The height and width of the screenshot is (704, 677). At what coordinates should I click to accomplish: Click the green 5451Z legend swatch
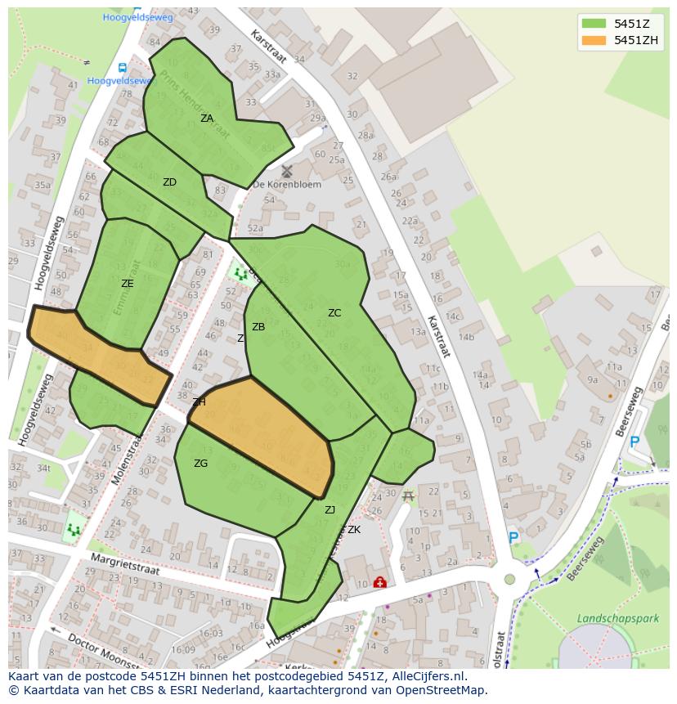pos(594,23)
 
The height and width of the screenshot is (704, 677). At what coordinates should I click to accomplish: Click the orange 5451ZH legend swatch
pos(594,40)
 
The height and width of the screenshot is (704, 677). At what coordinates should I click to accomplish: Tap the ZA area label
pos(207,119)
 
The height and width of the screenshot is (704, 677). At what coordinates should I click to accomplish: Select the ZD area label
pos(169,182)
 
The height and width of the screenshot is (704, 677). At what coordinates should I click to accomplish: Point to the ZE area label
pos(127,284)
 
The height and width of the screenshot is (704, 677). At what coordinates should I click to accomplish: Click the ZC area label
pos(334,313)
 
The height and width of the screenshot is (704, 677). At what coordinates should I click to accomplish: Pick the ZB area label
pos(258,327)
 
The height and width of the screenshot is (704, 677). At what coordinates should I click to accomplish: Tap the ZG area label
pos(200,464)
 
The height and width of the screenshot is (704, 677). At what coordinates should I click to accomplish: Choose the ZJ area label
pos(330,510)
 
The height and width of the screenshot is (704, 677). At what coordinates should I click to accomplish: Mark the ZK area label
pos(354,530)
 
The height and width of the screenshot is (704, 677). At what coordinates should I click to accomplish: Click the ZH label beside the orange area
pos(200,402)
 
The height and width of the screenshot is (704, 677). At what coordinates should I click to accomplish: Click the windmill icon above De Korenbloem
pos(287,171)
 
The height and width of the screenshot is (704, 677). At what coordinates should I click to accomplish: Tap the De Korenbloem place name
pos(287,185)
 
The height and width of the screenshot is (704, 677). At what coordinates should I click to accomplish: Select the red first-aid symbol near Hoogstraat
pos(379,582)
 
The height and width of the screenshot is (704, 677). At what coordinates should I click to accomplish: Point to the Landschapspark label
pos(617,619)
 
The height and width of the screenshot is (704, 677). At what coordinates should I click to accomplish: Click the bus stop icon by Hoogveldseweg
pos(123,68)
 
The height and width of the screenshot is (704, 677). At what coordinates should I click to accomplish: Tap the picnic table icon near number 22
pos(408,495)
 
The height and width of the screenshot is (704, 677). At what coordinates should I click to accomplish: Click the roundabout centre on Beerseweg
pos(510,579)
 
